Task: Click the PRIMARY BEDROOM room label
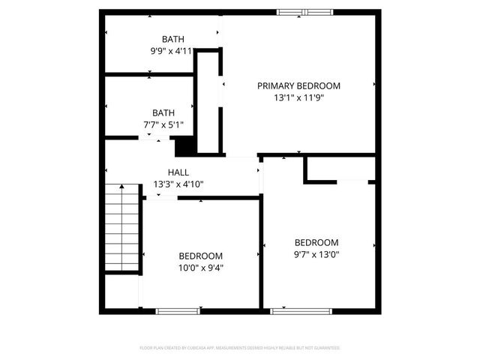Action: [x=298, y=85]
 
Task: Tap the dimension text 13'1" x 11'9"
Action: [x=298, y=97]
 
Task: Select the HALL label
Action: [x=178, y=172]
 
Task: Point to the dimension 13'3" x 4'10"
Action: [x=178, y=184]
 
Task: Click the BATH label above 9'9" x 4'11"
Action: [x=173, y=39]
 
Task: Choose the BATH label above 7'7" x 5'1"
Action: [x=163, y=113]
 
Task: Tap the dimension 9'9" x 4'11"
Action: [x=172, y=51]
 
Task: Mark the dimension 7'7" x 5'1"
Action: [x=163, y=125]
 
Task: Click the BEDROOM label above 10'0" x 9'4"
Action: [x=200, y=255]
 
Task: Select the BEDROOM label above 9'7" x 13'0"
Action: [x=316, y=242]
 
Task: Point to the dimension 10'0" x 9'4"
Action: [x=200, y=267]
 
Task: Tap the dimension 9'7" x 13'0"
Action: [x=316, y=253]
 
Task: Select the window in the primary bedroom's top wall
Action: [x=304, y=11]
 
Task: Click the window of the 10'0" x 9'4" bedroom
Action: [x=178, y=310]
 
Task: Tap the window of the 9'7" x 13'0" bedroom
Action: [x=291, y=310]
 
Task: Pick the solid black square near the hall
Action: [x=185, y=145]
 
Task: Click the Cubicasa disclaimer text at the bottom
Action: [x=240, y=348]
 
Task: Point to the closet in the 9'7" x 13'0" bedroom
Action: [x=339, y=169]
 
